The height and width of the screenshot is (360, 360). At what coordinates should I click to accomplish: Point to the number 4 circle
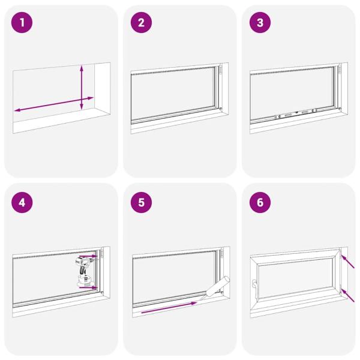point(22,202)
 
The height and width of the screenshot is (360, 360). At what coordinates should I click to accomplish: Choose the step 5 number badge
point(142,202)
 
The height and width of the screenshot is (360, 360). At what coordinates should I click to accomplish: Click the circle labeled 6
point(260,202)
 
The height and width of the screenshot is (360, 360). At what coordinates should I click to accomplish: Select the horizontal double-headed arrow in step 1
point(54,103)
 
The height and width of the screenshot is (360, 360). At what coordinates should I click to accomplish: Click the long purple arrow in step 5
point(168,308)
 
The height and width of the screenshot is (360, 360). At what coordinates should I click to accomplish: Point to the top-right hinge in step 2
point(220,71)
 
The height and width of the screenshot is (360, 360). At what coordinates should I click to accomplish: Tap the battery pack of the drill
point(83,280)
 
